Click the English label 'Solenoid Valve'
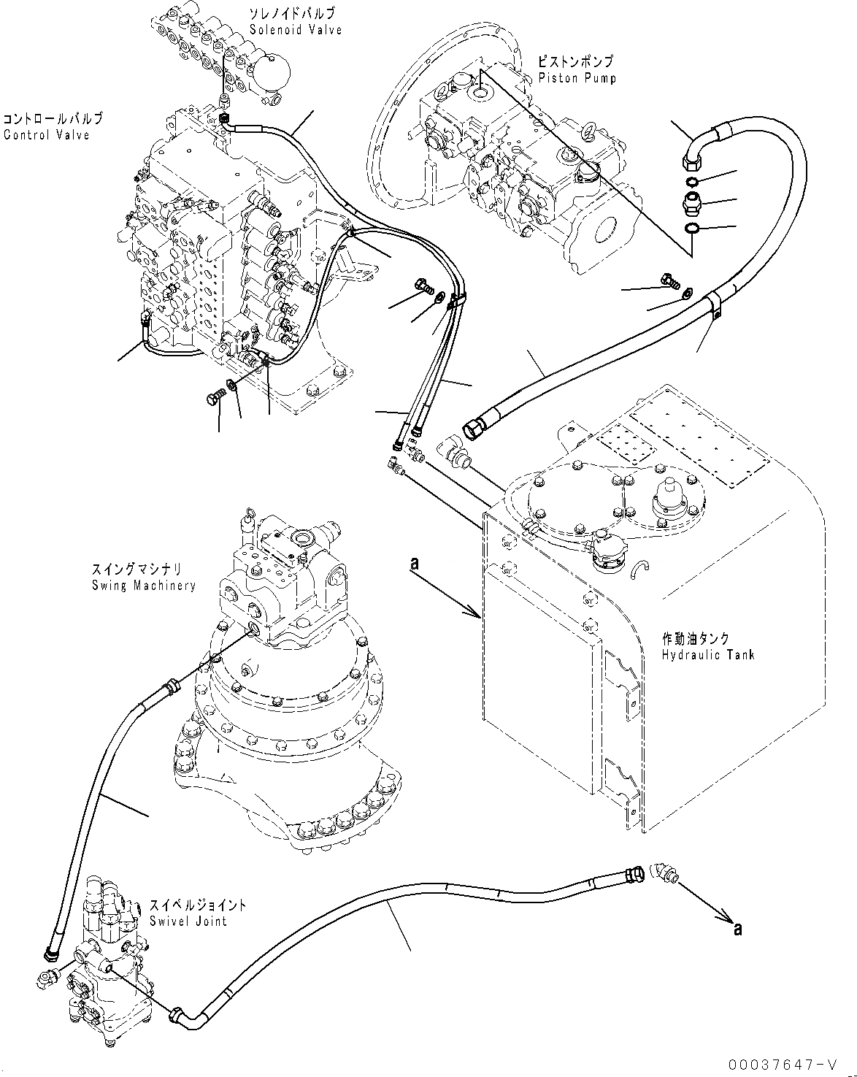[285, 30]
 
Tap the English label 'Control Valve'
[46, 134]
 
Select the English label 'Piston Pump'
[577, 78]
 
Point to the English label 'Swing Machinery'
[144, 585]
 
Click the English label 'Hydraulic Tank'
[707, 654]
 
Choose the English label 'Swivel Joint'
[188, 921]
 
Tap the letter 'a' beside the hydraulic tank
[415, 563]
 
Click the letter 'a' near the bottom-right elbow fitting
[738, 929]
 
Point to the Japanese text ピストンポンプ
[575, 63]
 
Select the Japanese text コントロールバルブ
[53, 118]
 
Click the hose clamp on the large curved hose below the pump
[715, 304]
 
